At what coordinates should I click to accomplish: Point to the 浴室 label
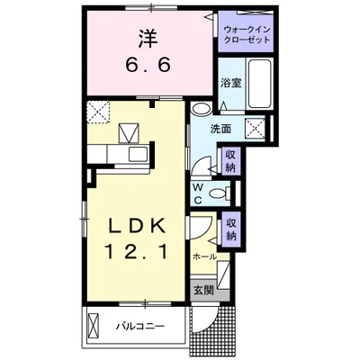tap(230, 83)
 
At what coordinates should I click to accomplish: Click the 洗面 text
tap(221, 129)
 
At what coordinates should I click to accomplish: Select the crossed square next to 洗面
tap(256, 127)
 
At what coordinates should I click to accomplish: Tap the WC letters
tap(199, 193)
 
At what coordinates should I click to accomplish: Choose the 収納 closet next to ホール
tap(231, 229)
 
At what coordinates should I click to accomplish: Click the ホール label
tap(203, 256)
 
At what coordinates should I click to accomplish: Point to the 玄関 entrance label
tap(202, 290)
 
